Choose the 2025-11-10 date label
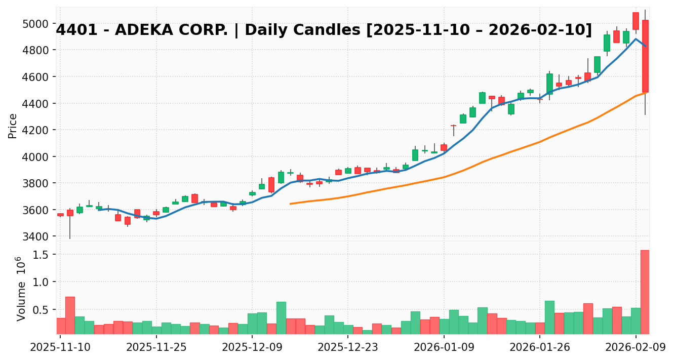[60, 348]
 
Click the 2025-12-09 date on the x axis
[252, 348]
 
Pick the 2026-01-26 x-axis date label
[540, 348]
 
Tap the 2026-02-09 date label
[636, 348]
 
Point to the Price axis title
[13, 126]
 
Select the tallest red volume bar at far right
[645, 292]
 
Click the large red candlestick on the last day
[645, 56]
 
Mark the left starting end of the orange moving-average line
[291, 204]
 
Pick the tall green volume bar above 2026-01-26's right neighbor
[549, 317]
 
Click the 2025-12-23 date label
[348, 348]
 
